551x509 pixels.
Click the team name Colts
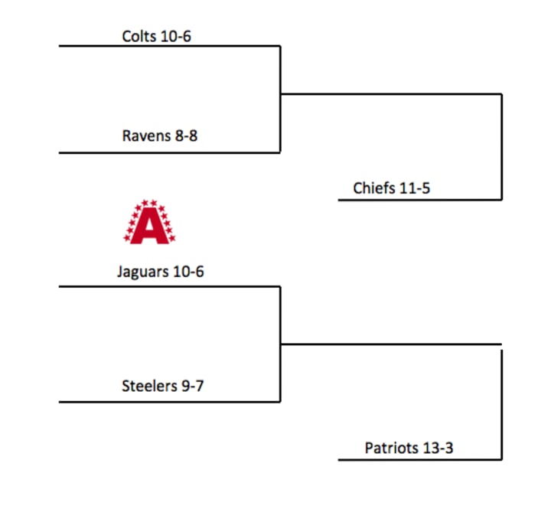point(139,36)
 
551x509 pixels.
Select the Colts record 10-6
point(175,36)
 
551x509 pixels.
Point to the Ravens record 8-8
point(186,136)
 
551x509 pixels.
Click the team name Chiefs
point(374,188)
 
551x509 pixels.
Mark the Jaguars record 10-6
point(189,271)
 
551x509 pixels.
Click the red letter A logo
point(149,222)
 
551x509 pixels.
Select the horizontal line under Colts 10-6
point(169,46)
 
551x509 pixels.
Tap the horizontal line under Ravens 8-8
point(169,152)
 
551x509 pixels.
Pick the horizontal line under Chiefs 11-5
point(419,200)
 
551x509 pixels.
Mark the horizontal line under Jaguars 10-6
point(169,287)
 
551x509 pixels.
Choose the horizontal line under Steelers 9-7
point(169,402)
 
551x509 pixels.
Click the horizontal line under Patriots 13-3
point(419,460)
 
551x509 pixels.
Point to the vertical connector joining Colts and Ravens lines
point(280,100)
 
